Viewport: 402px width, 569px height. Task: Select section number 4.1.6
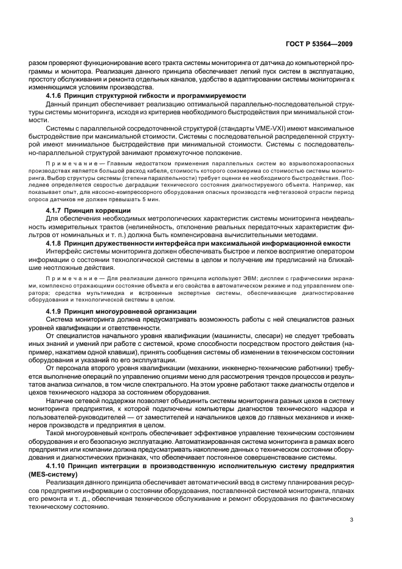[58, 96]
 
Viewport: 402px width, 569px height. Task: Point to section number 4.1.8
[58, 243]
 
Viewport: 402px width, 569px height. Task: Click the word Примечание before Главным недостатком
[69, 165]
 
